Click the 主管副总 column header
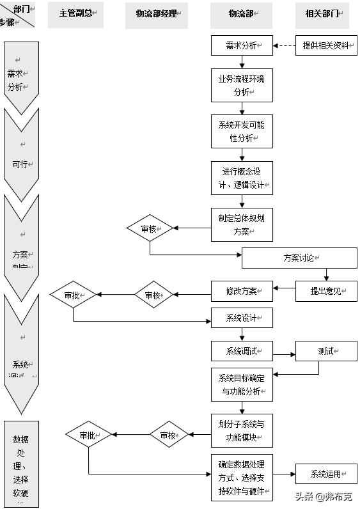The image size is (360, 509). click(x=75, y=14)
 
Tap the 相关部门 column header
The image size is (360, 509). click(x=326, y=14)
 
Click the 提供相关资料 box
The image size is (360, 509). click(x=326, y=45)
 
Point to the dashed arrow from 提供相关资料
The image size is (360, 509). click(x=284, y=45)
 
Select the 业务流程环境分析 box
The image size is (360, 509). click(x=242, y=85)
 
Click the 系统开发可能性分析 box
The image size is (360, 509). click(x=242, y=131)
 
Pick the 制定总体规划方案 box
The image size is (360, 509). click(x=242, y=224)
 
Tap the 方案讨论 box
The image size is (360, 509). click(x=299, y=258)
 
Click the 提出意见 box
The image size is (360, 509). click(x=326, y=291)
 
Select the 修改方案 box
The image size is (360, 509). click(x=242, y=291)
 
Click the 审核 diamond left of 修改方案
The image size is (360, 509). click(x=153, y=295)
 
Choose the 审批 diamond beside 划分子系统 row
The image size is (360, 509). click(x=88, y=435)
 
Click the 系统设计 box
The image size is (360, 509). click(x=242, y=318)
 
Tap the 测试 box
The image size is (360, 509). click(x=326, y=351)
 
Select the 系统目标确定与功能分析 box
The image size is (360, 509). click(x=242, y=384)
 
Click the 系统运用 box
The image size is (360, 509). click(x=326, y=474)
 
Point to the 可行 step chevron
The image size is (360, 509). click(x=21, y=157)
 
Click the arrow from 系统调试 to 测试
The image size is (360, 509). click(x=284, y=351)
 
